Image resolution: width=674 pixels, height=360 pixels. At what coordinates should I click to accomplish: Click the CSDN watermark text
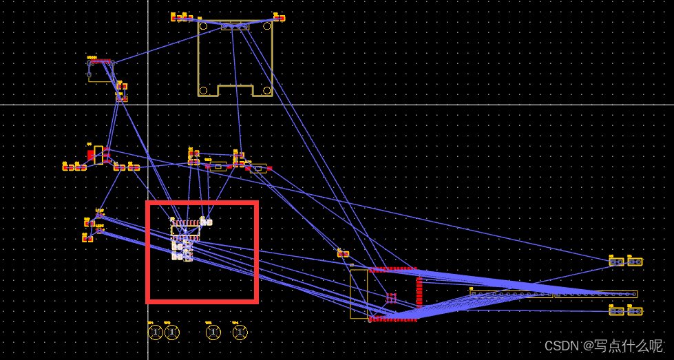[562, 346]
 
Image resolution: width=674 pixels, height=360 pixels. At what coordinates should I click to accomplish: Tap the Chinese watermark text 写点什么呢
[624, 346]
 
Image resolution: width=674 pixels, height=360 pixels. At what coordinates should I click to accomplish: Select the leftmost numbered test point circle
[156, 332]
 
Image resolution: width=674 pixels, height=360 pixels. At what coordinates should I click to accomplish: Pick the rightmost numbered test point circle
[239, 332]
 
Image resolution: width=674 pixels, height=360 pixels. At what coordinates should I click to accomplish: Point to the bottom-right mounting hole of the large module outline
[266, 90]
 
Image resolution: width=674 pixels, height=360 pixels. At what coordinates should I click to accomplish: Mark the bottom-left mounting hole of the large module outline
[204, 90]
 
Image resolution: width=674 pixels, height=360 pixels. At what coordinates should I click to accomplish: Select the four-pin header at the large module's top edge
[235, 25]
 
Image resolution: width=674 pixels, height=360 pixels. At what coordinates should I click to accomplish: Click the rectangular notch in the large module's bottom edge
[235, 91]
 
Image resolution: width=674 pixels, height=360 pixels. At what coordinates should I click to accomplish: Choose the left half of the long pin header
[511, 294]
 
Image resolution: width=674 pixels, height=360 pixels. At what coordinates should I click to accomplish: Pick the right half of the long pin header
[596, 294]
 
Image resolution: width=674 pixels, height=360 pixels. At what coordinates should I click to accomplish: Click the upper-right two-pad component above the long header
[635, 262]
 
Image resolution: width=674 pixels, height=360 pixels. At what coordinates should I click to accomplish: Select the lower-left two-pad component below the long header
[616, 311]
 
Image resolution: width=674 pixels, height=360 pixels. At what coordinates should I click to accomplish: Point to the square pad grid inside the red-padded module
[391, 298]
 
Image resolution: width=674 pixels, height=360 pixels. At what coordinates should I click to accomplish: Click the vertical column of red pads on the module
[419, 291]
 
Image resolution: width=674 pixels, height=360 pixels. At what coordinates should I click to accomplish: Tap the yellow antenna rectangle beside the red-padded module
[359, 294]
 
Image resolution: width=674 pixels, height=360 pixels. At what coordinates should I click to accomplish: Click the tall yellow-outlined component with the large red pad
[98, 154]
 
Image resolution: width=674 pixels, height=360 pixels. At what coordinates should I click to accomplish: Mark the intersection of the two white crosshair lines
[148, 105]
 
